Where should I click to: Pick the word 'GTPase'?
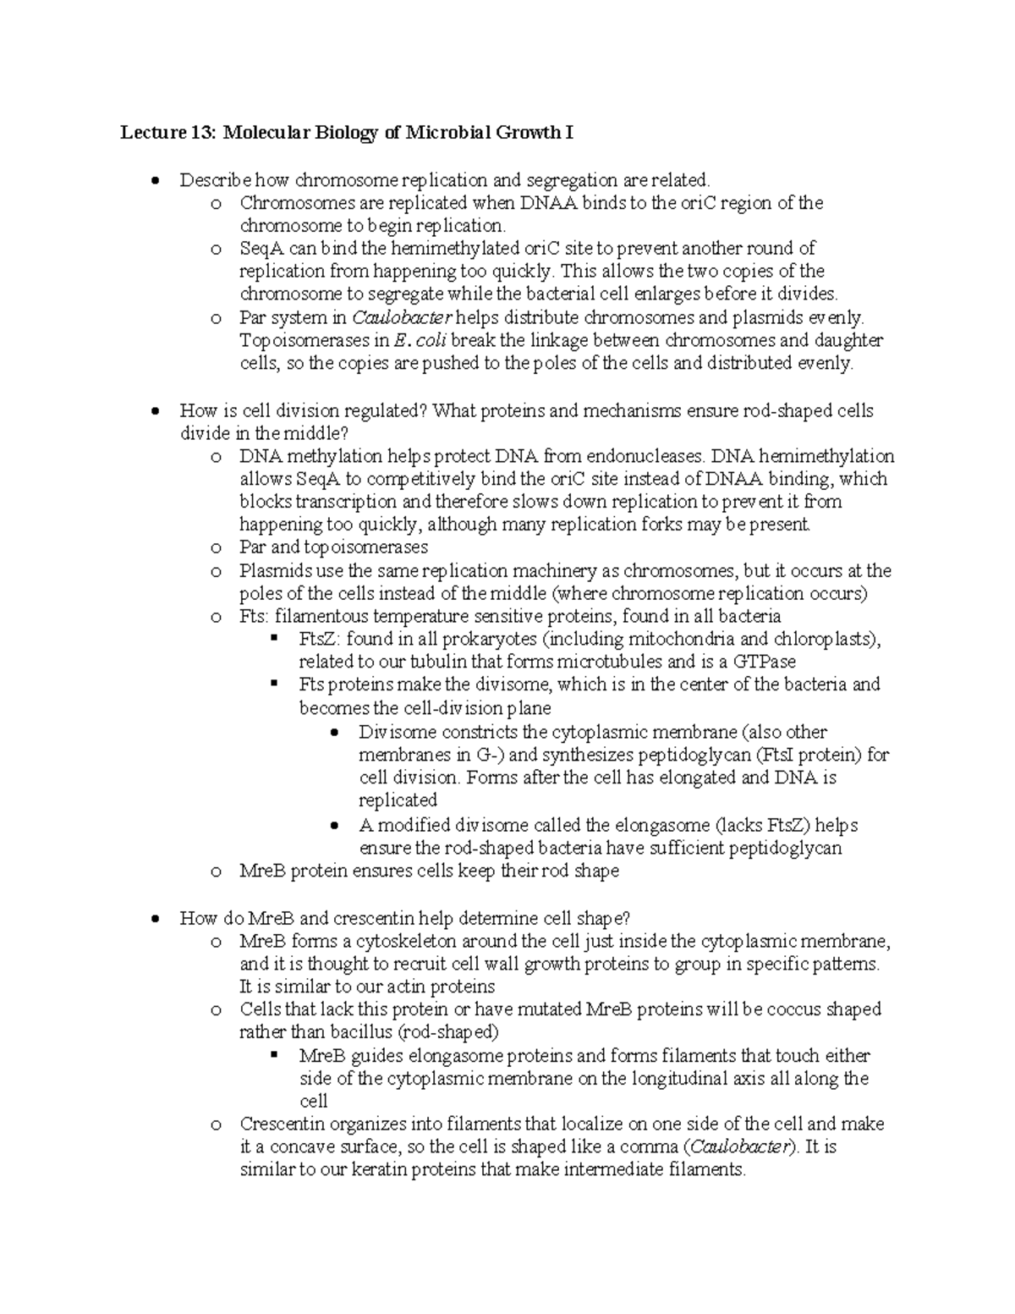(766, 662)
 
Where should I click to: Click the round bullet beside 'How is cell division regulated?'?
(154, 412)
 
